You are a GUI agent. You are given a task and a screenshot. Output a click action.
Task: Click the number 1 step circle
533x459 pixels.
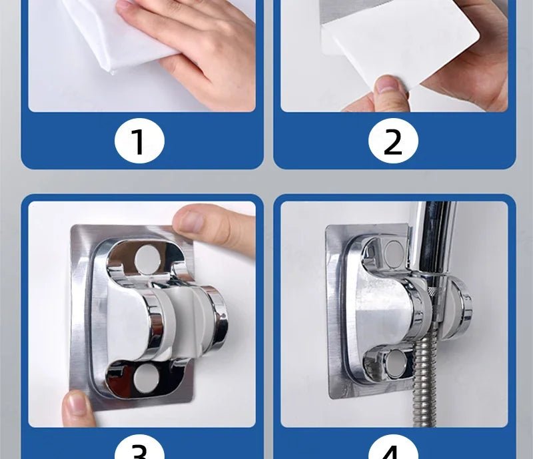[138, 141]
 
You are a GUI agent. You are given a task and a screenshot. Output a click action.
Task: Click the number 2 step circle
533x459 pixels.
[393, 141]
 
